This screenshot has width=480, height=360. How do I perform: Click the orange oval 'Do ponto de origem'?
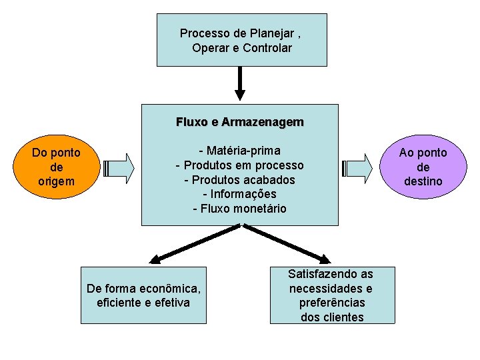(57, 167)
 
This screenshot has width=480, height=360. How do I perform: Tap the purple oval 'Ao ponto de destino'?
(423, 167)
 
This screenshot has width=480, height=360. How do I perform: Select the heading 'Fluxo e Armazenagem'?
(239, 122)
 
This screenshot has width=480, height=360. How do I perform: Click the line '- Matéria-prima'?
(239, 150)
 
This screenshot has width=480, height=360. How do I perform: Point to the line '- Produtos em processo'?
(239, 165)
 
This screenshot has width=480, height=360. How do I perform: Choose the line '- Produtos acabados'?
(239, 179)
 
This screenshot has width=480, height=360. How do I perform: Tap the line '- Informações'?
(239, 194)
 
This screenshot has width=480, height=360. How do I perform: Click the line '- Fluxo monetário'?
(239, 209)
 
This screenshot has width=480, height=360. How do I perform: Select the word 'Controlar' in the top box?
(267, 48)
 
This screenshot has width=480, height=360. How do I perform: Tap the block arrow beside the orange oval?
(119, 167)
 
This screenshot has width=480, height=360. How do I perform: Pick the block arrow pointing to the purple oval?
(357, 167)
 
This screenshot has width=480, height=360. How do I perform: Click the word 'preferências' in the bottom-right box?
(332, 303)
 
